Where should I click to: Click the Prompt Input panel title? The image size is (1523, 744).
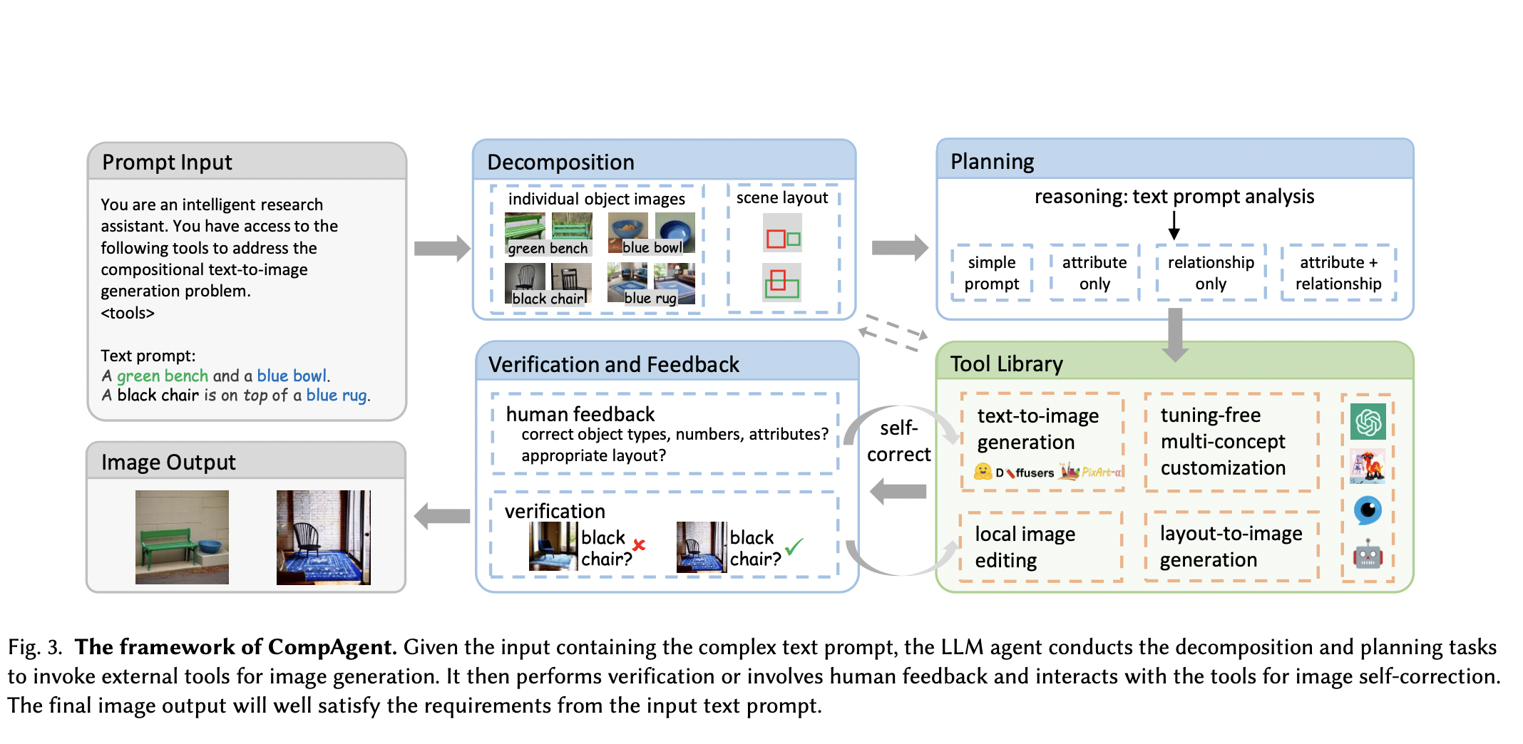167,162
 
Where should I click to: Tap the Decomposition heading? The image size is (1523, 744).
560,162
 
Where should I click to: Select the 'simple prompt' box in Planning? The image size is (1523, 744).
991,273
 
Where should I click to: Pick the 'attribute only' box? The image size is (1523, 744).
1094,273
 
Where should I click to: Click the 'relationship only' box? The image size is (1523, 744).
1210,273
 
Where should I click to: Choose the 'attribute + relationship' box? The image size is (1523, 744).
1338,273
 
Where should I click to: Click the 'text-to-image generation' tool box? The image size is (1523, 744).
1041,442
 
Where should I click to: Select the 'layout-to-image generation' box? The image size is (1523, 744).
1231,547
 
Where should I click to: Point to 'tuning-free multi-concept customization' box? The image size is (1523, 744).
1231,442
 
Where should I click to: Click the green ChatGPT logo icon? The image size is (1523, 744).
1368,422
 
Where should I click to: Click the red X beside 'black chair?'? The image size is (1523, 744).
639,545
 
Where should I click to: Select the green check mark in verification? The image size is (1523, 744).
794,547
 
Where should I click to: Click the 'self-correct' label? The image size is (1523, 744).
898,441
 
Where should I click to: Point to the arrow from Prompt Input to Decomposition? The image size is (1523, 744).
441,248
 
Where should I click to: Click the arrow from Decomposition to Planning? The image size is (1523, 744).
899,247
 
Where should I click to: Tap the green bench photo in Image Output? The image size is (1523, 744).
182,537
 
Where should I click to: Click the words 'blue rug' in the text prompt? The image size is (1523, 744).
337,396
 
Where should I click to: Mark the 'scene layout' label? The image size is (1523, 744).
781,198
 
